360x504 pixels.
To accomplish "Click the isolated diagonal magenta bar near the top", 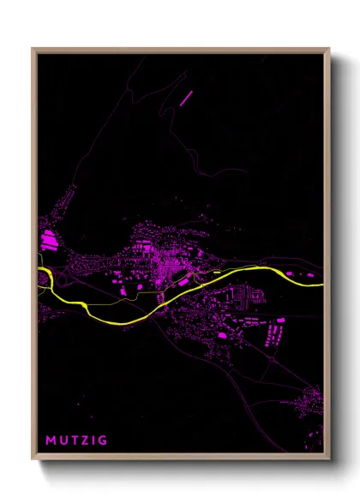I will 187,97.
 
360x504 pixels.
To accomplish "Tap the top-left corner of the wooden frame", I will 33,49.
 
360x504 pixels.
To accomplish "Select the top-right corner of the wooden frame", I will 329,49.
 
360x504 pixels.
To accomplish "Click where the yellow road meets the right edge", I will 322,284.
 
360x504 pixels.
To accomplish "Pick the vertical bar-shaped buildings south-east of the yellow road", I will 277,330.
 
